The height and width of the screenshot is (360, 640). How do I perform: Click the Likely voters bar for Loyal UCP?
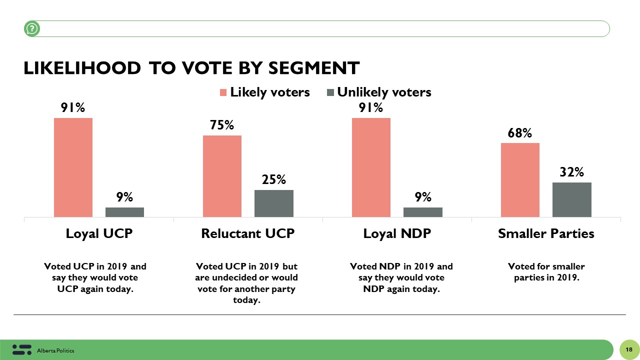coord(73,167)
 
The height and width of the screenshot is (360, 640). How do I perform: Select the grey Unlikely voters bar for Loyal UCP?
coord(124,212)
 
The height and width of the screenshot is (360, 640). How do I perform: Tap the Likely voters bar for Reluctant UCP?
coord(222,176)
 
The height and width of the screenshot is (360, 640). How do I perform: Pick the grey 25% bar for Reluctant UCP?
coord(273,203)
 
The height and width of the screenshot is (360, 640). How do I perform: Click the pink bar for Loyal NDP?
coord(371,167)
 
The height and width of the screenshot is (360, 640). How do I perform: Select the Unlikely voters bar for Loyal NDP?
coord(422,212)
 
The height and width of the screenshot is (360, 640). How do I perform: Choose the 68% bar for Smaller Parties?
coord(520,180)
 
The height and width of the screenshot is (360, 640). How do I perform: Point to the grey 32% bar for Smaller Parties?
coord(571,199)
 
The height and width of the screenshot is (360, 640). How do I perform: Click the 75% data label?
coord(222,125)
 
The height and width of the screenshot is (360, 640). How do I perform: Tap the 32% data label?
coord(571,172)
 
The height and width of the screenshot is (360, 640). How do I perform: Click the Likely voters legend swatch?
coord(223,92)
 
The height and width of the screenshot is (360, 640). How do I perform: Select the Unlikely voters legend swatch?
coord(330,92)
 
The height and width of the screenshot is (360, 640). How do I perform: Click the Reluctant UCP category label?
coord(247,233)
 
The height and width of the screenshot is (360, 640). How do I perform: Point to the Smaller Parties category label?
coord(546,233)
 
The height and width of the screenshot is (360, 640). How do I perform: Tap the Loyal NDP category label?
coord(397,233)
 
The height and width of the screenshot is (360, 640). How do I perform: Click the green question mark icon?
coord(32,29)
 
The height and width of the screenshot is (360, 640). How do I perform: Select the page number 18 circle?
coord(628,349)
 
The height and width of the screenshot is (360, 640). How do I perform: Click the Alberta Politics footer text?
coord(55,350)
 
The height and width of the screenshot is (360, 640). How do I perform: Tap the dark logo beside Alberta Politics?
coord(21,349)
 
